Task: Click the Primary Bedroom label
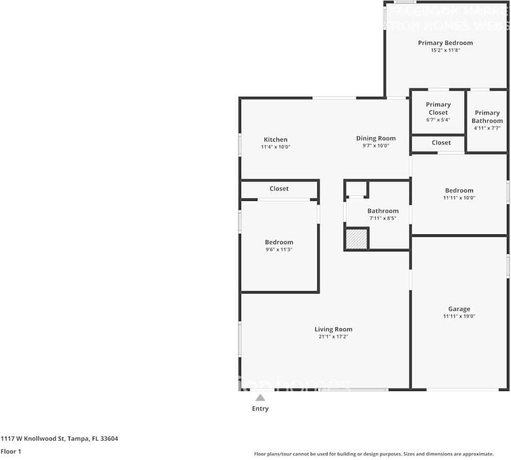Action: [x=445, y=43]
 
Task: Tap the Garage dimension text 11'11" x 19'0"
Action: [x=459, y=316]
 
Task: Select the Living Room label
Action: [x=333, y=329]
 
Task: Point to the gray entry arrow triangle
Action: [x=260, y=397]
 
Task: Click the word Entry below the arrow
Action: [x=260, y=408]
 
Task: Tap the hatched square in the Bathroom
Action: [x=355, y=239]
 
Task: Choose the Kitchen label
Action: [x=276, y=140]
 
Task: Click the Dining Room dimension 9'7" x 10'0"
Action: [x=376, y=146]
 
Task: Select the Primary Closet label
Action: [x=438, y=108]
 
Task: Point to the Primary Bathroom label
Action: [x=487, y=116]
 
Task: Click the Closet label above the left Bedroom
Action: [x=279, y=189]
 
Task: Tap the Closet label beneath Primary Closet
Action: [x=441, y=143]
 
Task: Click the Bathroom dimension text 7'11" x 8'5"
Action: [x=383, y=218]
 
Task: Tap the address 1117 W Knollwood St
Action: [x=59, y=439]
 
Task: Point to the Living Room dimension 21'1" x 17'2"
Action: [x=333, y=336]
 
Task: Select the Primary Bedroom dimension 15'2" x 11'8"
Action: [x=445, y=50]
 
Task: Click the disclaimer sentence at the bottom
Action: [x=374, y=454]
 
